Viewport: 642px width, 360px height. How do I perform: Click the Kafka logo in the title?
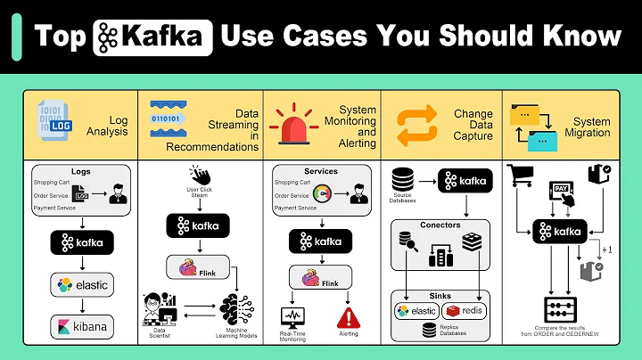(152, 35)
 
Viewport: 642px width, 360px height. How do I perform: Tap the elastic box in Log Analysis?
(82, 285)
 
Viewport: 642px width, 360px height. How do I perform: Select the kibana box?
(82, 326)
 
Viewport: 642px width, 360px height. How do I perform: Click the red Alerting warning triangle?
(347, 316)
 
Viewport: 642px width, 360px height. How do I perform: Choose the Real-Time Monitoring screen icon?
(292, 315)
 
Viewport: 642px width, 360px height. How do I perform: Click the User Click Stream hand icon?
(199, 176)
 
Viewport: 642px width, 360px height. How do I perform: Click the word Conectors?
(440, 225)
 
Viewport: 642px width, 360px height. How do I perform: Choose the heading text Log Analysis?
(108, 125)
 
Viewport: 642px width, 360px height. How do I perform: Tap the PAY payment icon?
(564, 190)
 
